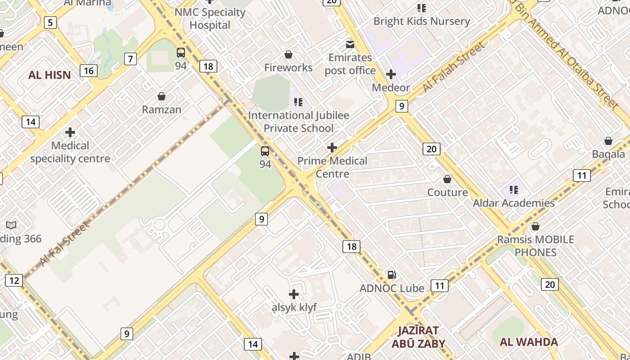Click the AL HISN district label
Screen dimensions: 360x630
click(49, 75)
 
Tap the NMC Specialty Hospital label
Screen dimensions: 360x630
click(210, 18)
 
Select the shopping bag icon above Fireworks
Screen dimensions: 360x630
click(288, 54)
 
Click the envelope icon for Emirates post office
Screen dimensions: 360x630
click(350, 44)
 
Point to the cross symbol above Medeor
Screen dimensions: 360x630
click(391, 74)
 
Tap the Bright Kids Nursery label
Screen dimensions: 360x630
click(421, 21)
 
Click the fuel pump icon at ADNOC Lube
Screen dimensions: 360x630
click(392, 274)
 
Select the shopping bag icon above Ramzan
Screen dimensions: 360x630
click(162, 96)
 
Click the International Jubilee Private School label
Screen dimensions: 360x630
click(298, 121)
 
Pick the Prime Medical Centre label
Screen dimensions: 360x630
click(332, 167)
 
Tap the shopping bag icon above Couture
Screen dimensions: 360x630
click(447, 180)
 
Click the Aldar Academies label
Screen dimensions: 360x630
click(513, 203)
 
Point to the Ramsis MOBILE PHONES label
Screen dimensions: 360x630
click(535, 246)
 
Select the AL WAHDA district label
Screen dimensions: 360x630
click(529, 342)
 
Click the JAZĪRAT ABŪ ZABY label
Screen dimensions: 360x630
click(418, 337)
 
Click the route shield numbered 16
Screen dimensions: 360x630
click(89, 70)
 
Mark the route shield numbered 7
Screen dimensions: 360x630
click(130, 58)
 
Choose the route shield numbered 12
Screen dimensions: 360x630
click(14, 281)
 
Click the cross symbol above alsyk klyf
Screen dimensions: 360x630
click(294, 294)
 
